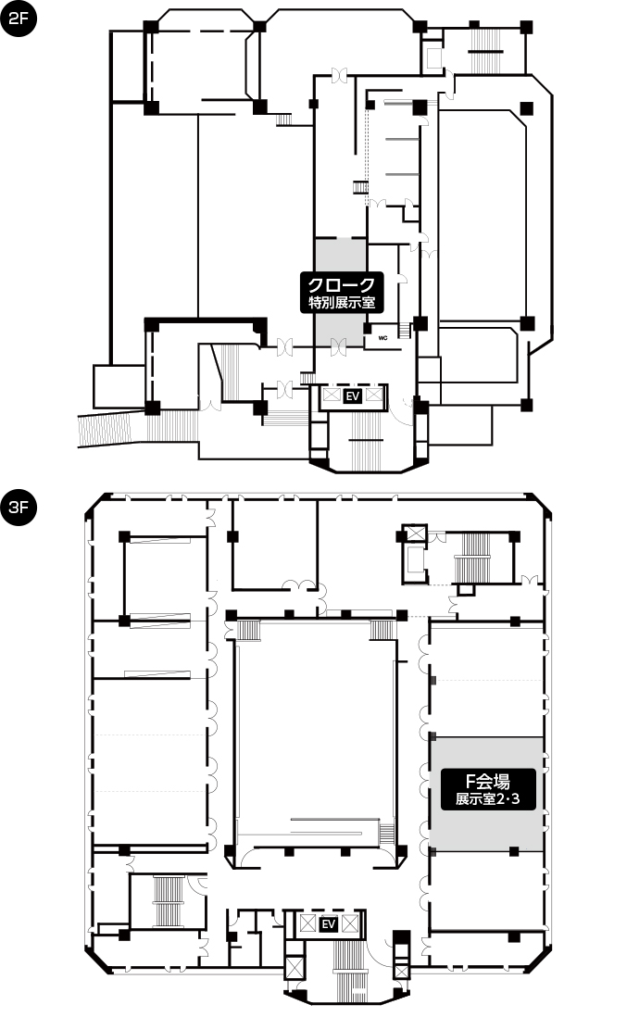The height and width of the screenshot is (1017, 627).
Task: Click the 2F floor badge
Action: coord(19,19)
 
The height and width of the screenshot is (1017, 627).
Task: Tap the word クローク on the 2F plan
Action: coord(341,284)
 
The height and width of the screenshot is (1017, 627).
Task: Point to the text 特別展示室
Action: coord(341,302)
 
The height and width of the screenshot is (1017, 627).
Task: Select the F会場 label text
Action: coord(487,781)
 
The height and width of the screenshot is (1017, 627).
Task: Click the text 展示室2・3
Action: coord(487,799)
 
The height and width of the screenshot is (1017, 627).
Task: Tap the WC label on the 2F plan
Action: coord(383,338)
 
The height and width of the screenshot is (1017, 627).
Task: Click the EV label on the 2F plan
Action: coord(353,396)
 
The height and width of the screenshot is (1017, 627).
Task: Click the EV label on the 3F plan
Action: coord(329,923)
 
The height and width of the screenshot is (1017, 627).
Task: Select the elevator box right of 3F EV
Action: coord(350,923)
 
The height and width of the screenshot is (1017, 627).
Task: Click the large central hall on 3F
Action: coord(315,733)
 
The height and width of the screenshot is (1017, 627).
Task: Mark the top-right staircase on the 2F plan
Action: coord(483,50)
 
